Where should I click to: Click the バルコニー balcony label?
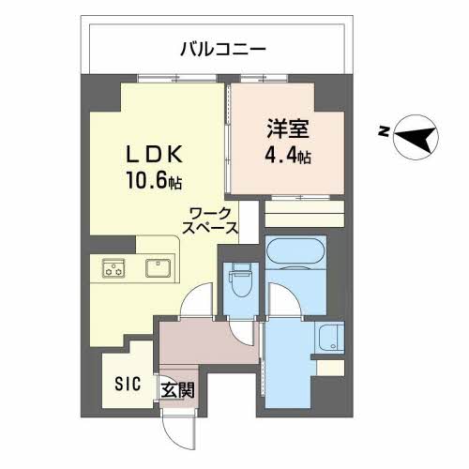click(x=223, y=48)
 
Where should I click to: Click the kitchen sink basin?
click(x=158, y=269)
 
